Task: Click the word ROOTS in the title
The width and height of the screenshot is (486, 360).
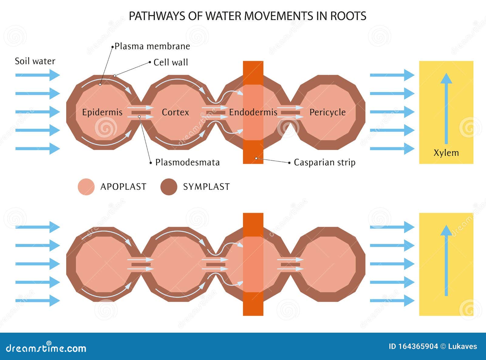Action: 348,16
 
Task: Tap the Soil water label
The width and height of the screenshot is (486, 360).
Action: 35,61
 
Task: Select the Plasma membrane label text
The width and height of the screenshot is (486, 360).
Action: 152,46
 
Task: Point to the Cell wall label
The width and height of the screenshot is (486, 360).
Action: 171,62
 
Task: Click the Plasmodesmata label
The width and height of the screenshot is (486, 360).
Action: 187,162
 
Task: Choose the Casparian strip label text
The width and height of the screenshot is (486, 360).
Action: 324,162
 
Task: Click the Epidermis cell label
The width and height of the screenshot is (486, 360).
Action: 102,112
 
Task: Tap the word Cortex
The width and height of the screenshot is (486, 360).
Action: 175,112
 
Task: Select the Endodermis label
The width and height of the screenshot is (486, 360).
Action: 253,112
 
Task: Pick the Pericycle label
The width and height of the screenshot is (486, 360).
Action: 327,112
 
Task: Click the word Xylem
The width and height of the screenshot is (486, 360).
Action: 446,153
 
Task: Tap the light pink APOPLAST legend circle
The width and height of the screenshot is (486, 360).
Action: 86,187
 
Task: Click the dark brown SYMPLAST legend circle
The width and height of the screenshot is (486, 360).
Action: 169,187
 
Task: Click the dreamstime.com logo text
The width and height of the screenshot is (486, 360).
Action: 46,348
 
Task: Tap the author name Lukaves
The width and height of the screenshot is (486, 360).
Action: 462,346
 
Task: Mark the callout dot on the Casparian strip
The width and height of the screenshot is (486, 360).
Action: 256,158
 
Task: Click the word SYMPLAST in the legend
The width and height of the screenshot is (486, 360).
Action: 206,187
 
